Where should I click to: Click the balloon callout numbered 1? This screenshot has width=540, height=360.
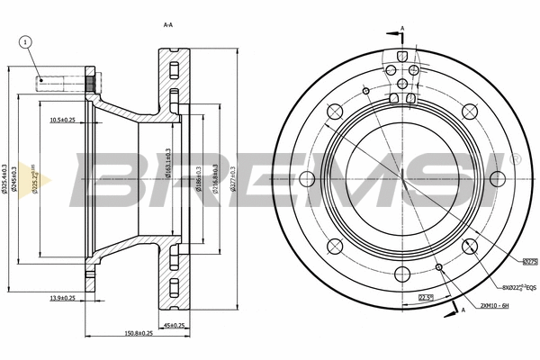coord(26,41)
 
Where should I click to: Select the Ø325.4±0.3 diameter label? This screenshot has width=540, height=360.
coord(6,179)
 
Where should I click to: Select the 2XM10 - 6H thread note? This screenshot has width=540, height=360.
coord(497,305)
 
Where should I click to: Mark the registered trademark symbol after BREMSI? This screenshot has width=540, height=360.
coord(516,158)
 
